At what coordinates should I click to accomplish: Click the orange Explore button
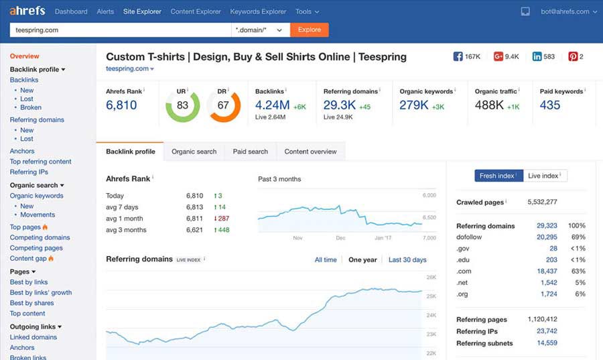[309, 29]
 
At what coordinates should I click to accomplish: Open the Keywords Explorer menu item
[258, 11]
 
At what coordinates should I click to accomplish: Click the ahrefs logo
[27, 11]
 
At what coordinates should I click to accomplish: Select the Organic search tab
[194, 152]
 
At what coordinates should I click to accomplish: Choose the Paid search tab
[250, 152]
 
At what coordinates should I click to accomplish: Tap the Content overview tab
[310, 152]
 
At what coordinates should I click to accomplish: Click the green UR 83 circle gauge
[182, 105]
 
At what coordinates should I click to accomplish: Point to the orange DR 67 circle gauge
[223, 105]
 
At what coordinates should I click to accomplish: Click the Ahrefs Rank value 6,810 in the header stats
[121, 105]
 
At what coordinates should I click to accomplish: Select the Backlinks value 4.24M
[272, 105]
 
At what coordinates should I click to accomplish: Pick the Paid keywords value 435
[549, 105]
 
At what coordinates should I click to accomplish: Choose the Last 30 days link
[407, 259]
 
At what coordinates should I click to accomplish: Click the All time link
[326, 259]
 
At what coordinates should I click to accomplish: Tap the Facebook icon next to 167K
[458, 57]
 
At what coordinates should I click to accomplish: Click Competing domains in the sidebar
[40, 237]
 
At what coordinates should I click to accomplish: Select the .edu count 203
[551, 259]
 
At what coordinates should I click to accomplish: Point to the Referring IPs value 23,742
[547, 331]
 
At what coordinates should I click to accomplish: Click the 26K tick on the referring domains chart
[431, 277]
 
